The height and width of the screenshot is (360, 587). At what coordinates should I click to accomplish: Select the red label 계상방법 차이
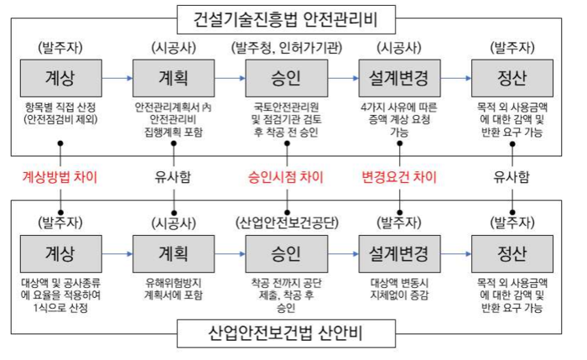pyautogui.click(x=61, y=177)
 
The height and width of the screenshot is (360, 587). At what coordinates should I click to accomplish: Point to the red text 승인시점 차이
pyautogui.click(x=286, y=177)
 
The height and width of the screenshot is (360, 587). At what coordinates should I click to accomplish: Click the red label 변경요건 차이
pyautogui.click(x=399, y=177)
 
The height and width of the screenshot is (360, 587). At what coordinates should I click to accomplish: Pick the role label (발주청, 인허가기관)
pyautogui.click(x=286, y=47)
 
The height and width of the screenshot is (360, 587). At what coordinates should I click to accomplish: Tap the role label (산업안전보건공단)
pyautogui.click(x=286, y=222)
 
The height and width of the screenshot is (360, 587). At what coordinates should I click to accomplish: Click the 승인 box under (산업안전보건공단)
pyautogui.click(x=286, y=252)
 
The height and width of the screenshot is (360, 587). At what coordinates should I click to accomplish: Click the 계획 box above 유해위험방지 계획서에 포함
pyautogui.click(x=174, y=252)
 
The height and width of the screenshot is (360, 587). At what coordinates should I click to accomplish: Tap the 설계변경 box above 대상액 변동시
pyautogui.click(x=399, y=252)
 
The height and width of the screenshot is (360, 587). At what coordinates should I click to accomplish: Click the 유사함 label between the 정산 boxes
pyautogui.click(x=512, y=177)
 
